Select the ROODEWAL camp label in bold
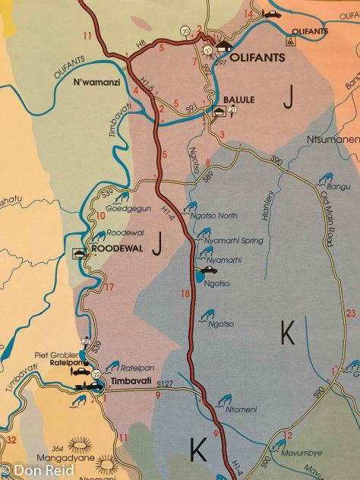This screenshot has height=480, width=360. coord(113,248)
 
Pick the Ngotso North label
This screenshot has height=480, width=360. coord(217,215)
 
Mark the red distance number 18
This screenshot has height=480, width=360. coord(185,294)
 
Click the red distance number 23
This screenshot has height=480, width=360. coord(350,312)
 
